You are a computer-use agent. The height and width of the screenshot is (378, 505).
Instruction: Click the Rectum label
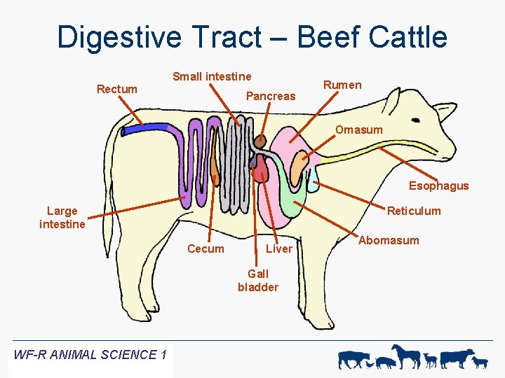pos(117,89)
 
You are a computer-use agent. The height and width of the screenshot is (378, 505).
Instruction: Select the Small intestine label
pos(212,76)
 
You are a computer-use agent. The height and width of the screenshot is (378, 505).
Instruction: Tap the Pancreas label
pos(271,96)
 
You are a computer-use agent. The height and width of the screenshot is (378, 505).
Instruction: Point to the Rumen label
pos(342,85)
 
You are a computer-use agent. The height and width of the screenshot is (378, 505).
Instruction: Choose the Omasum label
pos(358,129)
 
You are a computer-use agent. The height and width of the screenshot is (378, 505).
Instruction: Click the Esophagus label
pos(438,185)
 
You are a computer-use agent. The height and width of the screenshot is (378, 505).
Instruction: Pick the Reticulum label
pos(414,211)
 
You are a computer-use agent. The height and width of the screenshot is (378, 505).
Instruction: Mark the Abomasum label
pos(389,240)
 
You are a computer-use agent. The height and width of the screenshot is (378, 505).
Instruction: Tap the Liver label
pos(279,248)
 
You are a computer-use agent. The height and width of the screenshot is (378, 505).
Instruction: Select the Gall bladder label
pos(258,280)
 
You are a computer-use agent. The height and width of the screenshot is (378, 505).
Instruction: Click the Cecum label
pos(206,248)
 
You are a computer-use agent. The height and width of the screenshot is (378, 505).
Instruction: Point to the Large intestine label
pos(62,217)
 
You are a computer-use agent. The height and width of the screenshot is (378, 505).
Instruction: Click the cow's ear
pos(443,112)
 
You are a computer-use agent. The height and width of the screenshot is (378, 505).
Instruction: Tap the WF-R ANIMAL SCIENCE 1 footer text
pos(90,354)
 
